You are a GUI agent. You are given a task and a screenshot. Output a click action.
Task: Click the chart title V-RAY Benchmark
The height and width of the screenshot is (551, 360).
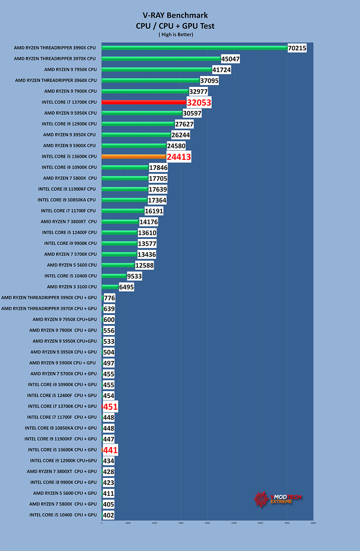[x=175, y=15]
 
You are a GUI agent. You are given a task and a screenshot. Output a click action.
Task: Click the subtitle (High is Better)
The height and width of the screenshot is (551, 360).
[x=176, y=35]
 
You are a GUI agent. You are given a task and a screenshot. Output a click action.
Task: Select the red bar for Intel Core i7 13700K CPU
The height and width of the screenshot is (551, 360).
[x=144, y=102]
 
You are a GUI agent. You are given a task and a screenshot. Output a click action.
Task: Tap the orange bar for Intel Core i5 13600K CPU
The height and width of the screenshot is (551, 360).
[x=134, y=157]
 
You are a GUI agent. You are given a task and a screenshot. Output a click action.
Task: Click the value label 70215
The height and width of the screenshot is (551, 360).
[x=297, y=48]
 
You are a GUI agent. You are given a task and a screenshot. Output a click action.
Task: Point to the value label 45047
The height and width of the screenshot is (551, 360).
[x=230, y=59]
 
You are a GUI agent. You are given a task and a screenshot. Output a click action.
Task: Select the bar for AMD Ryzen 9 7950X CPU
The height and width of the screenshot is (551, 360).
[x=157, y=70]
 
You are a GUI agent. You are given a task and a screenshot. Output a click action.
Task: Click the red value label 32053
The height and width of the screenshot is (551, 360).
[x=199, y=103]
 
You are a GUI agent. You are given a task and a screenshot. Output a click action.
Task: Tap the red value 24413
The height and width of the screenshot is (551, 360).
[x=179, y=157]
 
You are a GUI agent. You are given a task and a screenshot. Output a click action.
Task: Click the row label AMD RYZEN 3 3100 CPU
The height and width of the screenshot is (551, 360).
[x=72, y=287]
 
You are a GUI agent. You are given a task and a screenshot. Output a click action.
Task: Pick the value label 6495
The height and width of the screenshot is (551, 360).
[x=126, y=287]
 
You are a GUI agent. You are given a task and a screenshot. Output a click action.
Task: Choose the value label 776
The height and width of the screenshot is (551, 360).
[x=109, y=298]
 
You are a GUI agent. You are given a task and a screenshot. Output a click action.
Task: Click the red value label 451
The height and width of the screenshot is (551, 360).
[x=110, y=407]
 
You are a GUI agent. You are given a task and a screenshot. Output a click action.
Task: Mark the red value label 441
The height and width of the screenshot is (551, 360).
[x=110, y=450]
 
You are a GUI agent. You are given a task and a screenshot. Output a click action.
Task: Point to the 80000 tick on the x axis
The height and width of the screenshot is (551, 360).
[x=313, y=523]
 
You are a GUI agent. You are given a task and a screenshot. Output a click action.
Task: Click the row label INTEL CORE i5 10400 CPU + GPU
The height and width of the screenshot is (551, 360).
[x=63, y=515]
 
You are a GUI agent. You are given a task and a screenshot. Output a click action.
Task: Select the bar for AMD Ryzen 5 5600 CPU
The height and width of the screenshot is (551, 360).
[x=118, y=265]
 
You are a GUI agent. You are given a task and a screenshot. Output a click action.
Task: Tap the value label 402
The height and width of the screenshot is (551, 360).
[x=109, y=515]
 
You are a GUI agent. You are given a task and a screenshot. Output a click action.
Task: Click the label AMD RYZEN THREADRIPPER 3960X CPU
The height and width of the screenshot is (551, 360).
[x=56, y=80]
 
